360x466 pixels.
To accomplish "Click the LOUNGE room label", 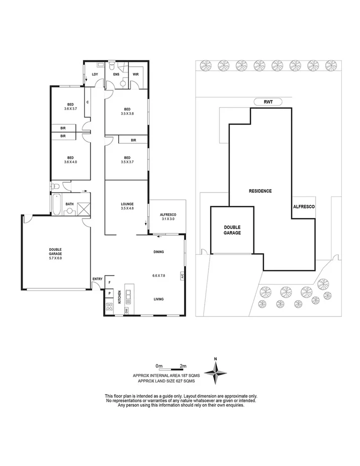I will (x=127, y=204).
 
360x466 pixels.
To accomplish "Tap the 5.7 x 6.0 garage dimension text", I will (x=55, y=258).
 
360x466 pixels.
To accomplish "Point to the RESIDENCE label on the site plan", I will (x=260, y=191).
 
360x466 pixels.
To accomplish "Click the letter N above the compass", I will (x=215, y=358).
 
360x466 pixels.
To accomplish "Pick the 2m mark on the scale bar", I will (x=184, y=365).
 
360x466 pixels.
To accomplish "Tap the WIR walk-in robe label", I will (x=135, y=74).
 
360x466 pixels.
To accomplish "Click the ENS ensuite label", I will (x=116, y=74).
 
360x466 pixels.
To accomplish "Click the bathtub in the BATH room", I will (x=56, y=206).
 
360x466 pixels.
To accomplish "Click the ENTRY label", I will (x=97, y=279).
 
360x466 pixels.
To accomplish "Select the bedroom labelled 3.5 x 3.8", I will (x=126, y=111).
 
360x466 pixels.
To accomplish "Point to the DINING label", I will (x=159, y=252).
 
